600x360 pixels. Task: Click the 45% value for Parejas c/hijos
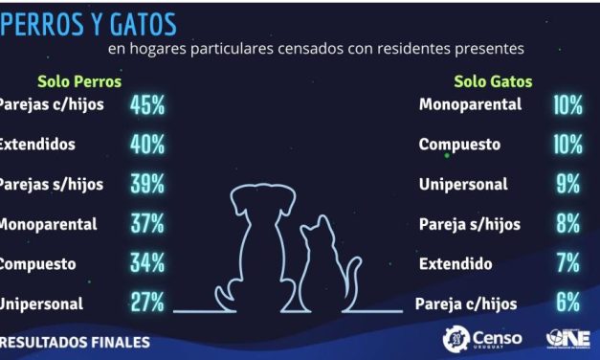pyautogui.click(x=147, y=105)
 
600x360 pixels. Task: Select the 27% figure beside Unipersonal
pyautogui.click(x=147, y=304)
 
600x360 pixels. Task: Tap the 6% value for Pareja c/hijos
pyautogui.click(x=567, y=304)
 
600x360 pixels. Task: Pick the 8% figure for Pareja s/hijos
pyautogui.click(x=567, y=224)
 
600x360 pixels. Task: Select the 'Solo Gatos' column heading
pyautogui.click(x=493, y=81)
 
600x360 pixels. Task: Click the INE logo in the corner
pyautogui.click(x=565, y=339)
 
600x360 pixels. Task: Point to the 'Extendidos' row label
pyautogui.click(x=38, y=145)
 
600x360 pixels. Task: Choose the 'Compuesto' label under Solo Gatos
pyautogui.click(x=459, y=145)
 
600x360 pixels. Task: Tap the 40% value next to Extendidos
pyautogui.click(x=147, y=145)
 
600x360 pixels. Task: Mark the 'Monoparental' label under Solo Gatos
pyautogui.click(x=470, y=105)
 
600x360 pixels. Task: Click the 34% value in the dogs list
pyautogui.click(x=147, y=263)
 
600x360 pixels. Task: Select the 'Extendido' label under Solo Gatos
pyautogui.click(x=456, y=263)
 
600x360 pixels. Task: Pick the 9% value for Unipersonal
pyautogui.click(x=567, y=184)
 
